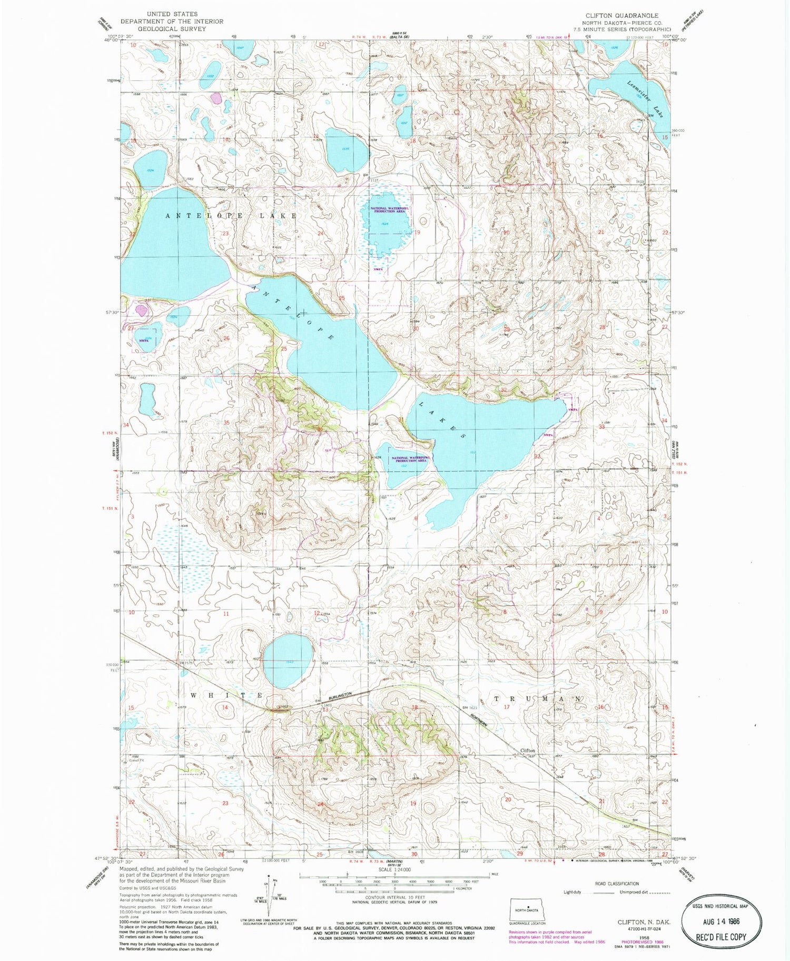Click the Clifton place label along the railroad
pyautogui.click(x=527, y=750)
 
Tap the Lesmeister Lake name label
pyautogui.click(x=645, y=98)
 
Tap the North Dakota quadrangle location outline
pyautogui.click(x=526, y=910)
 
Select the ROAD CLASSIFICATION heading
pyautogui.click(x=617, y=884)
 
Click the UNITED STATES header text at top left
pyautogui.click(x=172, y=14)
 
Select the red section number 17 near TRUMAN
pyautogui.click(x=507, y=707)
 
